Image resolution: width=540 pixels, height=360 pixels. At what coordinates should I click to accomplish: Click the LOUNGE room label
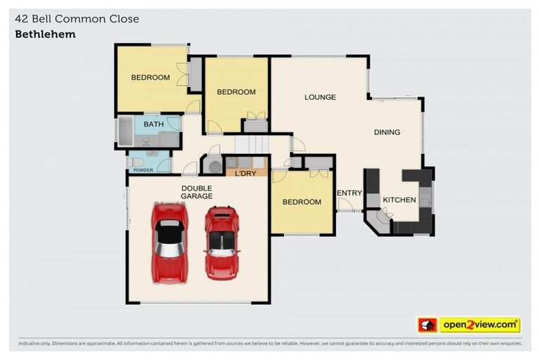[320, 97]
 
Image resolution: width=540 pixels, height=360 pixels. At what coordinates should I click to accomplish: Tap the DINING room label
[387, 132]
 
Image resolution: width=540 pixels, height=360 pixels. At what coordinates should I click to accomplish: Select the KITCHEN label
[399, 200]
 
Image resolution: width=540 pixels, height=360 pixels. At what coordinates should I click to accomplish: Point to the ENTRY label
[349, 193]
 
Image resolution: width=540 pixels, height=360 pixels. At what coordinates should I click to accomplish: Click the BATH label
[153, 124]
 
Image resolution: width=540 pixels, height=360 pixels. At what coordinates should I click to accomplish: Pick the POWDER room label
[143, 169]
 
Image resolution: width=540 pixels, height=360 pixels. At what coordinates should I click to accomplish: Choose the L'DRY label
[245, 173]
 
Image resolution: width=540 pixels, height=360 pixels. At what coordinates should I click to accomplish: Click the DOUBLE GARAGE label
[197, 192]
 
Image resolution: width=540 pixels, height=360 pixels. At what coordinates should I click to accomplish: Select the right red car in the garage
[221, 242]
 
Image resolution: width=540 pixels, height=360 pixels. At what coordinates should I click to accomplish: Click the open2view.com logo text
[480, 325]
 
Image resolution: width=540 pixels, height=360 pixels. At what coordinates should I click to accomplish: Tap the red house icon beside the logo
[427, 325]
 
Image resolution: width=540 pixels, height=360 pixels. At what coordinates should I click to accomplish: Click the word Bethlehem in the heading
[45, 34]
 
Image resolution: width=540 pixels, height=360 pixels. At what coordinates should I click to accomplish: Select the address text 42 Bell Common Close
[77, 19]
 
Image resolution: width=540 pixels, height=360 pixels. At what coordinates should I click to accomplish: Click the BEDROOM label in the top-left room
[150, 77]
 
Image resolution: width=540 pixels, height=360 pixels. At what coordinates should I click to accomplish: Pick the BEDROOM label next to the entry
[302, 202]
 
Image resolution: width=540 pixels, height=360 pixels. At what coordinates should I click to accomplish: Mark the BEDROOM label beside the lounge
[236, 92]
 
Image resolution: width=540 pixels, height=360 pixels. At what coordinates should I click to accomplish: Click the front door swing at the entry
[345, 205]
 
